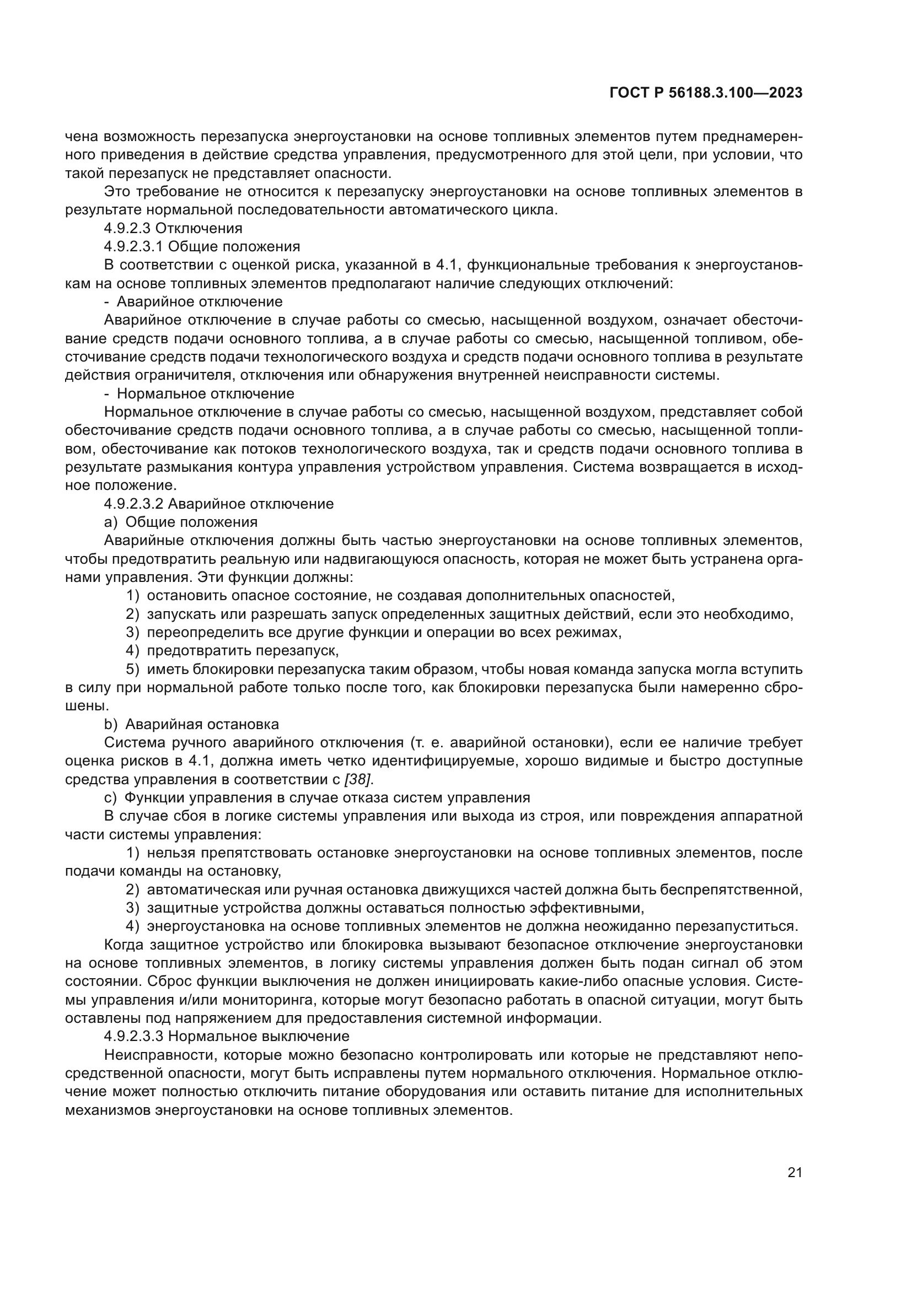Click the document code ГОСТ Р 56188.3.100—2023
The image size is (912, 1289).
point(705,93)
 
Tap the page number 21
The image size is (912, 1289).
point(795,1173)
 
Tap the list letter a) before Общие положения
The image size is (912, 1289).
point(111,522)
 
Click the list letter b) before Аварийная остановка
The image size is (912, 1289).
point(111,724)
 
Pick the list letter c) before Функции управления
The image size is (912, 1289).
point(110,798)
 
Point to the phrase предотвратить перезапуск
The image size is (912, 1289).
point(243,651)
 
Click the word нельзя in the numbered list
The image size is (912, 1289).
point(171,853)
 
